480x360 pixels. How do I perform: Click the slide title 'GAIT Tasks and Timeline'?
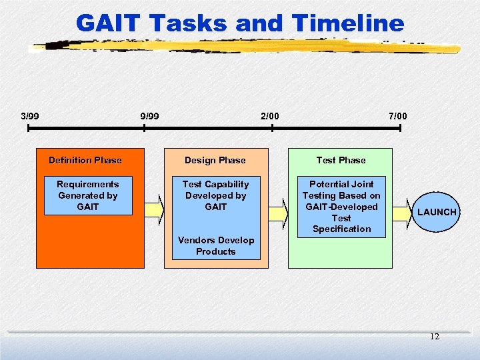tap(240, 23)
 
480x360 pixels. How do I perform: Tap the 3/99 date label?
tap(29, 116)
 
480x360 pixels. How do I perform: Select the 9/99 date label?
tap(149, 116)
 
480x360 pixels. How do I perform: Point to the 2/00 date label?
tap(269, 116)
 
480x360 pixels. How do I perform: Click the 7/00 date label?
tap(397, 116)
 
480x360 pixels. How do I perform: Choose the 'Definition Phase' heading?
tap(85, 160)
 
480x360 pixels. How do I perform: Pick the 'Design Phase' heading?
tap(215, 160)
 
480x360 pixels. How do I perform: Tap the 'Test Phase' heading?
tap(341, 160)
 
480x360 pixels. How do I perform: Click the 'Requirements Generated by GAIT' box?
tap(87, 195)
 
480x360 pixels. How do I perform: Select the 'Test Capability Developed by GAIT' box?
tap(215, 195)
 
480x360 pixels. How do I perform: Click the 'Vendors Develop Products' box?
tap(216, 246)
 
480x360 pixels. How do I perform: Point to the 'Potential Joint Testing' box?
tap(341, 206)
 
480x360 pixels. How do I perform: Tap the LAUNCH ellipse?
tap(437, 212)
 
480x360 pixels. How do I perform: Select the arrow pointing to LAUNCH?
tap(403, 212)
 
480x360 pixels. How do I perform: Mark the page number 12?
tap(434, 337)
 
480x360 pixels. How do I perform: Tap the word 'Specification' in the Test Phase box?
tap(341, 229)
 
